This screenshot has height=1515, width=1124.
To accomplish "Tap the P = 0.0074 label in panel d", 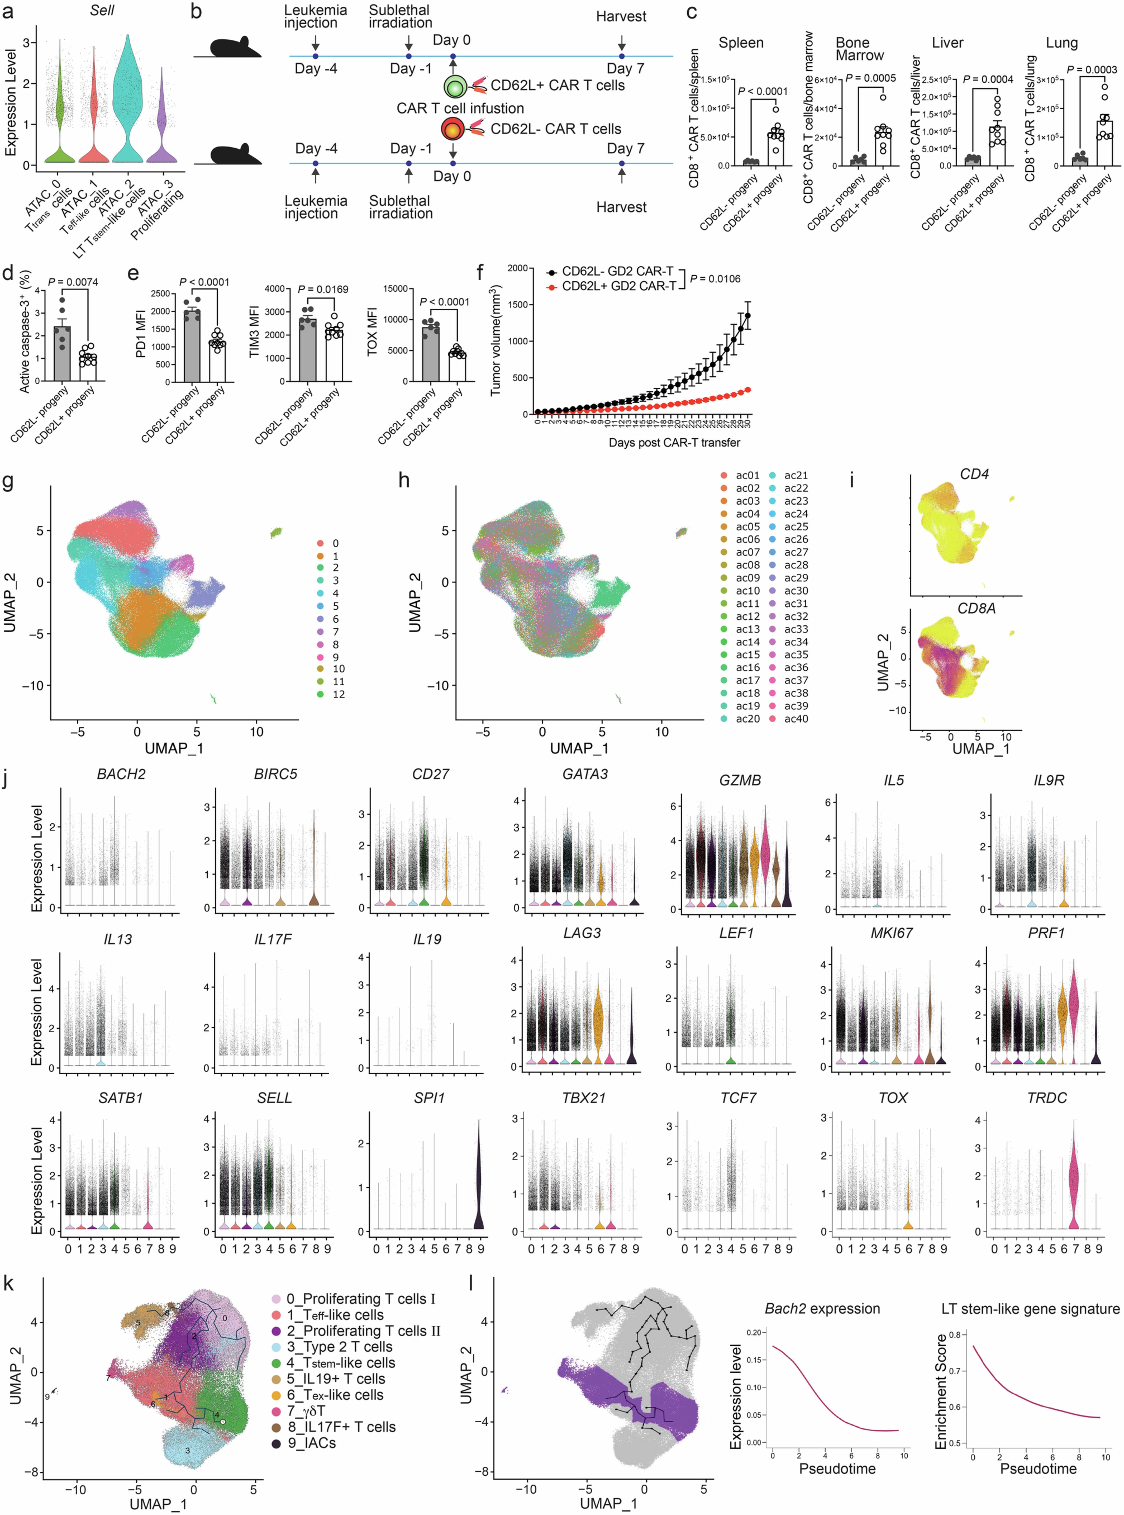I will pos(73,282).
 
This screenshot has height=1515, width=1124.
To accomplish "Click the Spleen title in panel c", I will pos(741,43).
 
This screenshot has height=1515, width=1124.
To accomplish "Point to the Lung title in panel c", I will pos(1061,43).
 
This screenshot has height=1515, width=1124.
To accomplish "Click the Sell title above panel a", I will pos(102,10).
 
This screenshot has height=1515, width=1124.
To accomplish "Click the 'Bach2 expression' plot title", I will pos(822,1309).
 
